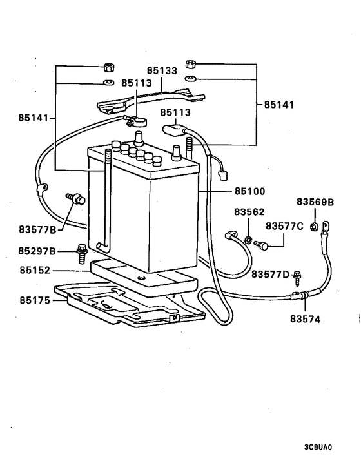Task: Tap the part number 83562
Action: pos(249,212)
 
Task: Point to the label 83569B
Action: pos(315,202)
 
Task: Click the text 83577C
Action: pos(284,226)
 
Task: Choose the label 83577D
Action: pos(271,275)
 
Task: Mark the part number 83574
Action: pos(306,318)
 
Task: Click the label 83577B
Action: pos(37,229)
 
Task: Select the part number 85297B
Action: pos(37,251)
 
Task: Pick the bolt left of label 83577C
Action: pos(260,245)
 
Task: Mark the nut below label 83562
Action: pos(248,240)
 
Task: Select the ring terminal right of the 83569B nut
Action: pos(326,226)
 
